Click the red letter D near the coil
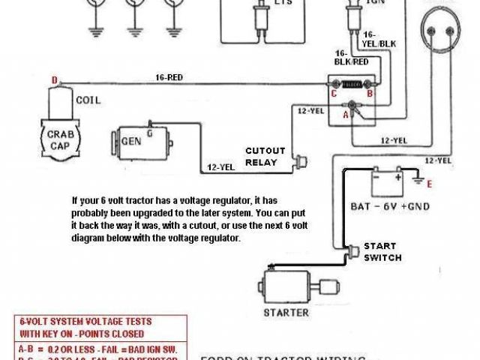54,80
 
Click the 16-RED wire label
169,76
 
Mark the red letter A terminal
345,115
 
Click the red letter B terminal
369,94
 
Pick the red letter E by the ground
429,183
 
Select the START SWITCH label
382,251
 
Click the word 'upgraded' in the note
136,213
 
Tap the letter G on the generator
149,133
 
